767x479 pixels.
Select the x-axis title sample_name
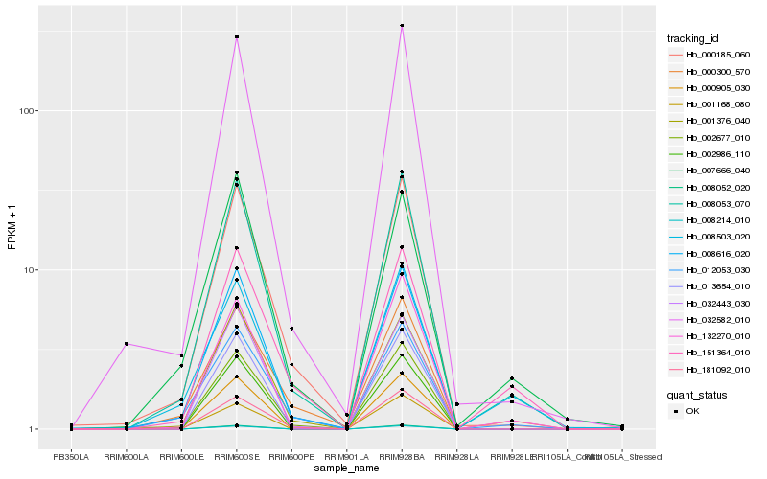345,467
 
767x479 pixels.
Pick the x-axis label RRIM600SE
236,456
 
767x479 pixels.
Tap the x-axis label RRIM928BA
401,456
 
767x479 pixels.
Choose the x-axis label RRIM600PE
291,456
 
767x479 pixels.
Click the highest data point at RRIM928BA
402,26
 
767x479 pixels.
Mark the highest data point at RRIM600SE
237,36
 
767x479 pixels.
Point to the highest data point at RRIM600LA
127,344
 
